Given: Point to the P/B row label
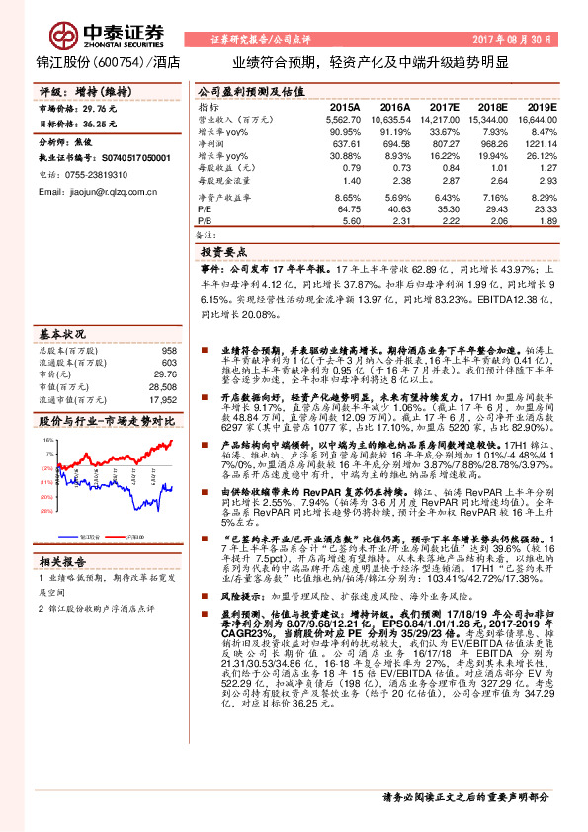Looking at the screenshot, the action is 205,222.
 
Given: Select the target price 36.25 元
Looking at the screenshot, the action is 99,124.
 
